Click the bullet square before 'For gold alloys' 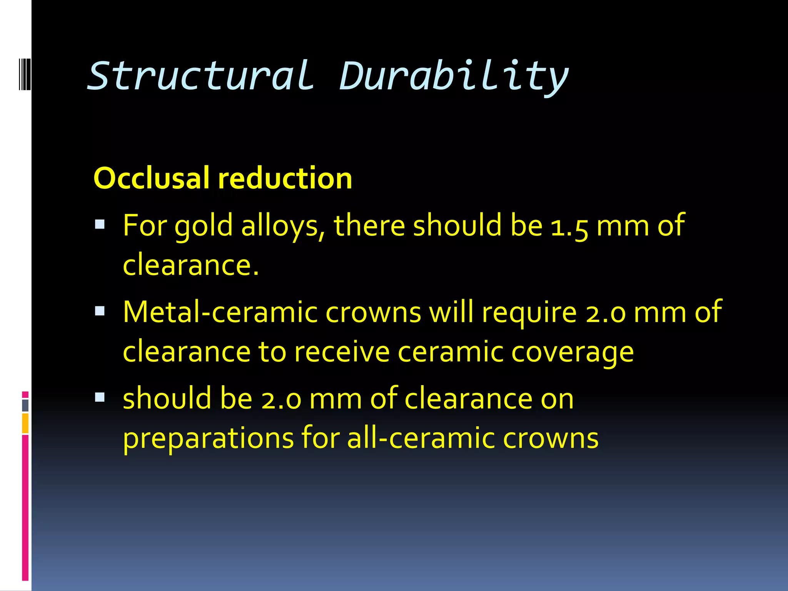click(100, 224)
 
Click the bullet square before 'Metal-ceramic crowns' click(100, 311)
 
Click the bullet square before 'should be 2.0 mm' click(100, 397)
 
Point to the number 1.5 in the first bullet click(569, 226)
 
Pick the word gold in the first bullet click(203, 226)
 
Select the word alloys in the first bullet click(282, 226)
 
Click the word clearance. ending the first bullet click(190, 265)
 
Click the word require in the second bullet click(529, 313)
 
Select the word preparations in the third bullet click(208, 439)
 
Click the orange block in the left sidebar click(25, 423)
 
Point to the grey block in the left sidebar click(25, 406)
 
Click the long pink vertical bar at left click(25, 508)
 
